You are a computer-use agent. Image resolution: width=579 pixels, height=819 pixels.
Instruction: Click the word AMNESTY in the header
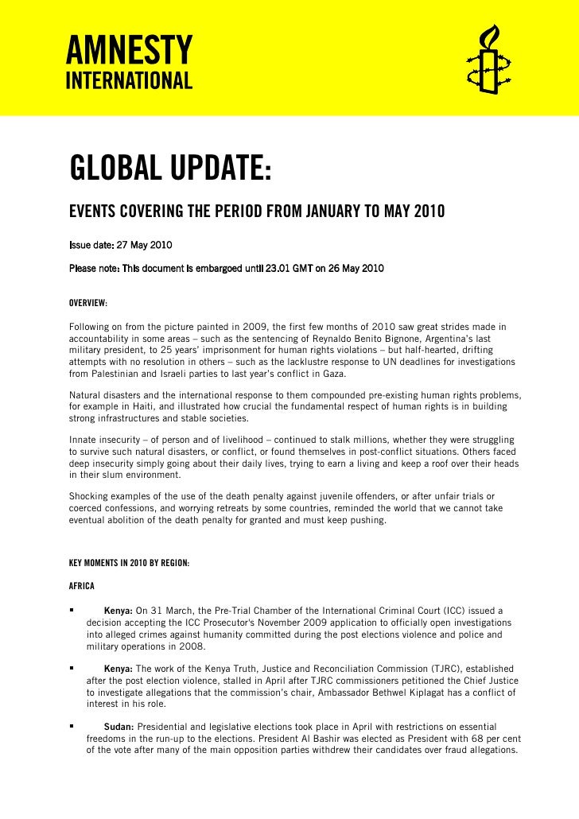pyautogui.click(x=128, y=52)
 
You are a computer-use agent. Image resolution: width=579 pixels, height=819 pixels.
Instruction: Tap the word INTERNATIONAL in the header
pyautogui.click(x=128, y=81)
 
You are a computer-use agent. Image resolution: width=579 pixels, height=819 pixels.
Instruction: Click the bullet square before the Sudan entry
pyautogui.click(x=72, y=727)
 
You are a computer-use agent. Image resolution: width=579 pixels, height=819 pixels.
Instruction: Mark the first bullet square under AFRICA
pyautogui.click(x=72, y=610)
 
